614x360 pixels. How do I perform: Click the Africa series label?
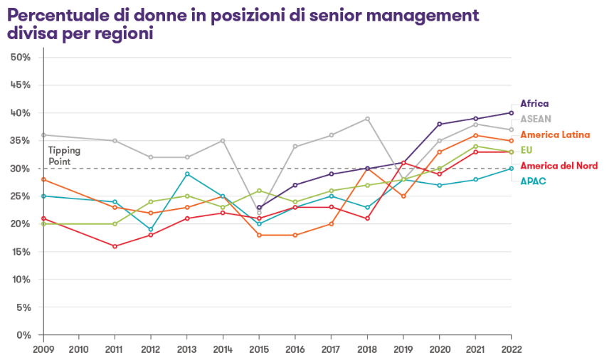point(534,103)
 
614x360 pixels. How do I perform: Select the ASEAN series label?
point(536,119)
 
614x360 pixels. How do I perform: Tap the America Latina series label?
point(555,134)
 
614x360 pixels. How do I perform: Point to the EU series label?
point(526,150)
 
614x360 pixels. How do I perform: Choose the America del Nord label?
point(559,166)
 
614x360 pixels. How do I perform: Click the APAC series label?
point(533,181)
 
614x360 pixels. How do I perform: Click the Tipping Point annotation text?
point(64,156)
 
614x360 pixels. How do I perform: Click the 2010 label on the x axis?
point(79,349)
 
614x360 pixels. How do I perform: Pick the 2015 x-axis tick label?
point(259,349)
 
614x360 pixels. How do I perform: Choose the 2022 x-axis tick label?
point(511,349)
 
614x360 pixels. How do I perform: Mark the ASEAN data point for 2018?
point(367,119)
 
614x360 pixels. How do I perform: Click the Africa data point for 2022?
point(512,112)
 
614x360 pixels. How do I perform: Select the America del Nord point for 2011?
point(115,246)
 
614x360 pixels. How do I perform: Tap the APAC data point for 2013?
point(187,174)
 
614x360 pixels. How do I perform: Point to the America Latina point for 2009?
point(43,179)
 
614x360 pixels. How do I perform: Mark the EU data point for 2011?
point(115,224)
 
